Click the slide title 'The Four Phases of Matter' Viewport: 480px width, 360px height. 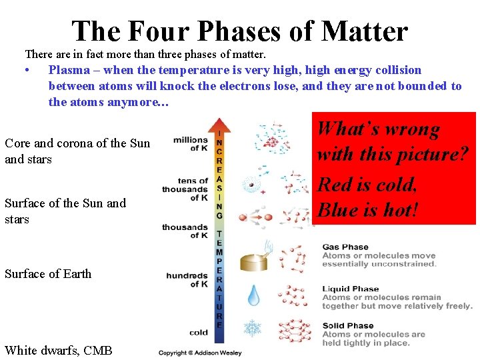tap(239, 31)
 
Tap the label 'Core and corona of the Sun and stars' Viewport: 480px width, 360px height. tap(77, 151)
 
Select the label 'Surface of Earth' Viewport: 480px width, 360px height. tap(48, 273)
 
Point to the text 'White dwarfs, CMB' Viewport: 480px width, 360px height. tap(59, 350)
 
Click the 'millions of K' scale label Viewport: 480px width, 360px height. tap(191, 143)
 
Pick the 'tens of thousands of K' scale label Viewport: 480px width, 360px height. tap(185, 189)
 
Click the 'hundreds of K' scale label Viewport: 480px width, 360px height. tap(187, 279)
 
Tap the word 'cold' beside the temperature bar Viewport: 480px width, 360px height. tap(198, 331)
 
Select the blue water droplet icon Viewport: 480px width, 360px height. tap(254, 295)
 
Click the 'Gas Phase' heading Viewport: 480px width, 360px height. tap(345, 247)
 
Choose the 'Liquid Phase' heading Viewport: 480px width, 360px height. tap(350, 289)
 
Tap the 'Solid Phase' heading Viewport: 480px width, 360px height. tap(347, 325)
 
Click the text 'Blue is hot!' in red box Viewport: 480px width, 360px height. tap(368, 210)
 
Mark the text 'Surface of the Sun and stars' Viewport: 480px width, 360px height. tap(65, 211)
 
